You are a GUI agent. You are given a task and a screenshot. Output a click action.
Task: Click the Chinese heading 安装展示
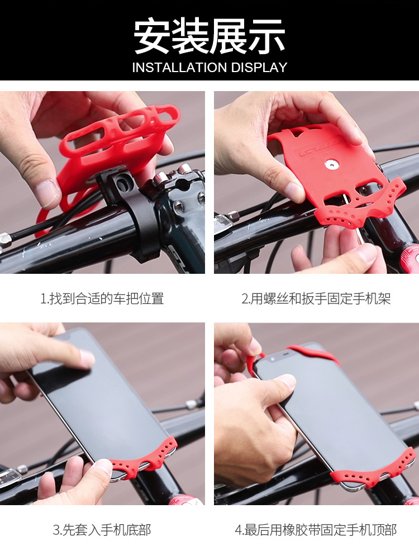coord(209,36)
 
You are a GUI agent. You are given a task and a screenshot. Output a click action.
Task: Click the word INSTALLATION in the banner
coord(179,68)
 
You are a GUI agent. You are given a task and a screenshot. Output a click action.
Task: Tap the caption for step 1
coord(102,298)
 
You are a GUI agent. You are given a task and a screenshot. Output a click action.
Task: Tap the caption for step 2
coord(316,298)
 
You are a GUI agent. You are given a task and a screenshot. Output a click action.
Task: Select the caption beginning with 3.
coord(102,530)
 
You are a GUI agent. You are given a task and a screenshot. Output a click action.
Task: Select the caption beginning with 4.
coord(316,530)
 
